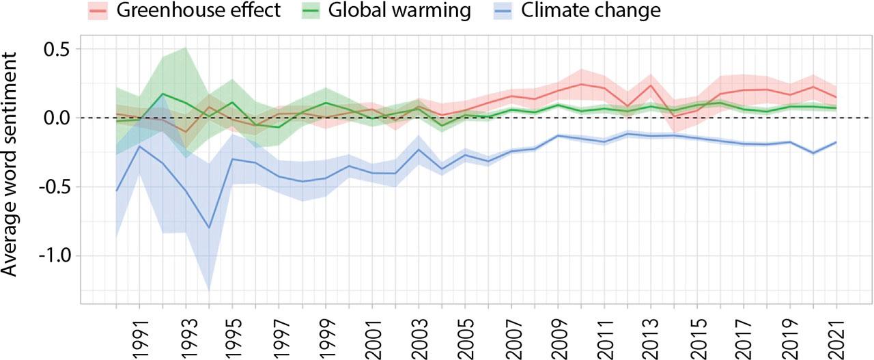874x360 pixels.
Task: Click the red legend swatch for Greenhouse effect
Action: coord(99,10)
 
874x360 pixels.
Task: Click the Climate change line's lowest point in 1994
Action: coord(209,227)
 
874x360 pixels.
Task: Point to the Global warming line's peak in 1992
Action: coord(163,94)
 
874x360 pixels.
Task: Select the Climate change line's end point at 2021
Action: coord(836,142)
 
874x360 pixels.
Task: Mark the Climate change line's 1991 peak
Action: coord(139,146)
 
